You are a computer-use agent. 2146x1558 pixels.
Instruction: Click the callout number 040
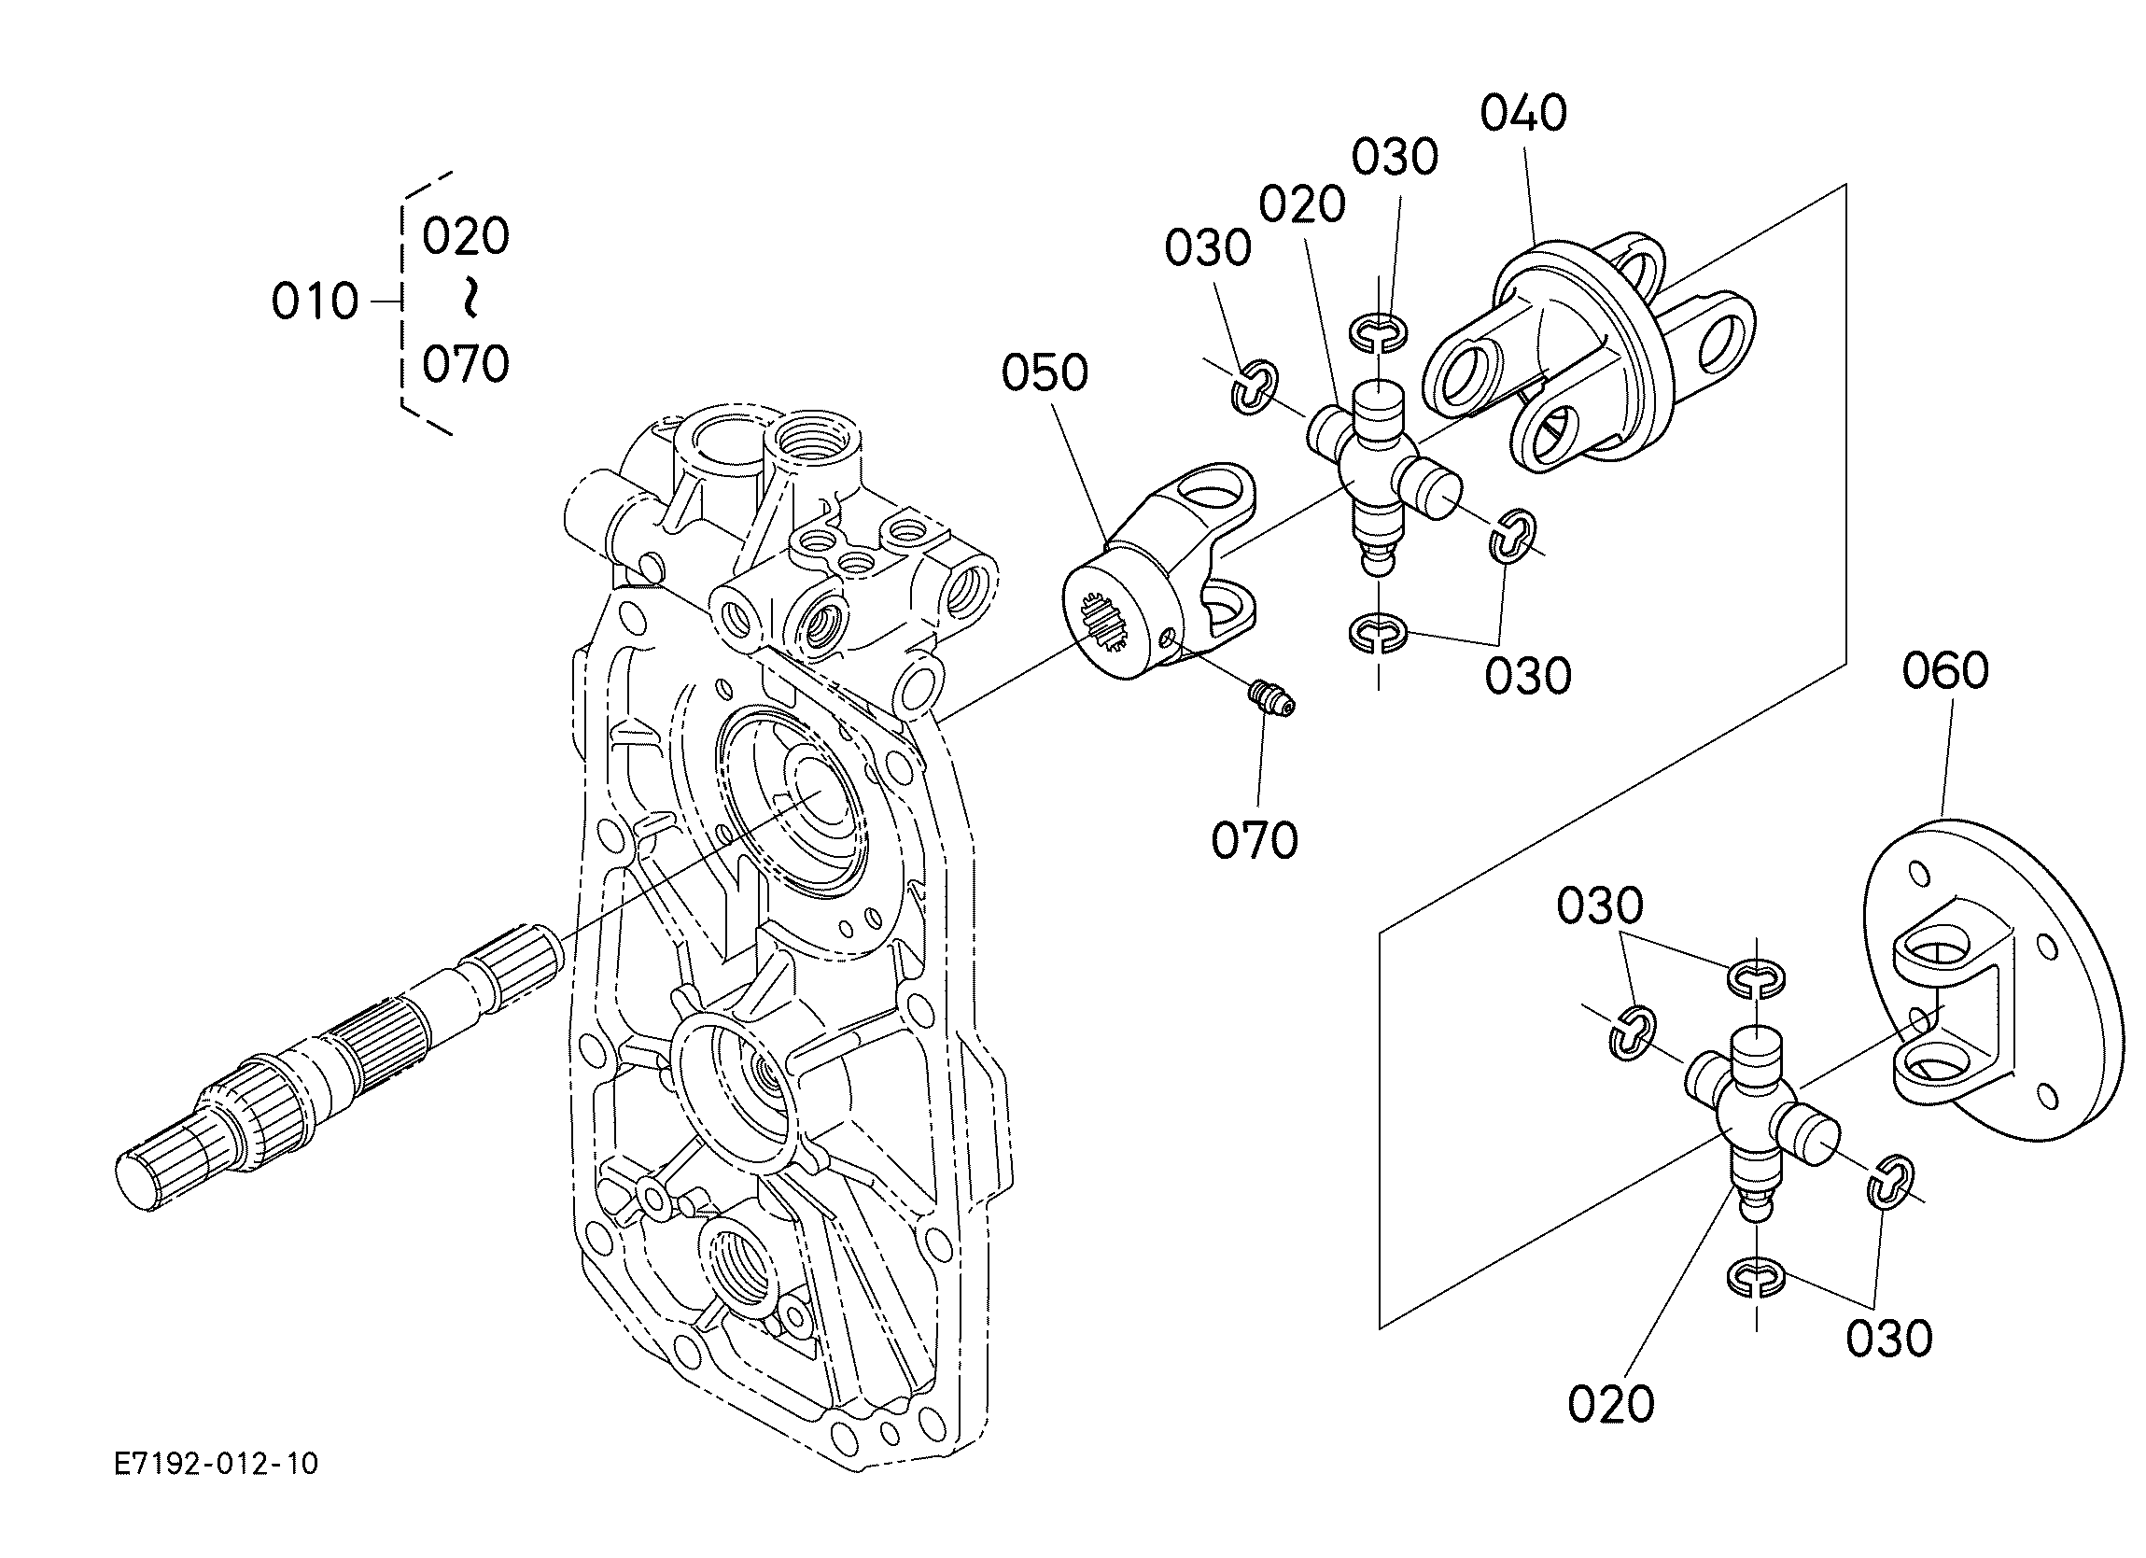point(1522,114)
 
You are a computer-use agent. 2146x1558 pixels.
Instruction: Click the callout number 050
point(1045,373)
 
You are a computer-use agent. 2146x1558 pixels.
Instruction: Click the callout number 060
point(1945,670)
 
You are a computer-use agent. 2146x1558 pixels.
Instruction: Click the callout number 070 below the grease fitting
point(1255,840)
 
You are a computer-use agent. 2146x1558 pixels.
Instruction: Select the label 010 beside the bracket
point(315,302)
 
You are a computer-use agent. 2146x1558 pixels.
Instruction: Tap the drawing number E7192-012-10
point(216,1465)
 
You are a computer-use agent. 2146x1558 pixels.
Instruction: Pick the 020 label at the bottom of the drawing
point(1610,1404)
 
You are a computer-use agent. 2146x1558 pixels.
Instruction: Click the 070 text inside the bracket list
point(466,364)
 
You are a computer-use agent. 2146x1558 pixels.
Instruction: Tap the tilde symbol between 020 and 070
point(468,299)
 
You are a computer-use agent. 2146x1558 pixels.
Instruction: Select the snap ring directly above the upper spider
point(1379,332)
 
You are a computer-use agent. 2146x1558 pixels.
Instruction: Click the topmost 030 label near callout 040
point(1394,157)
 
